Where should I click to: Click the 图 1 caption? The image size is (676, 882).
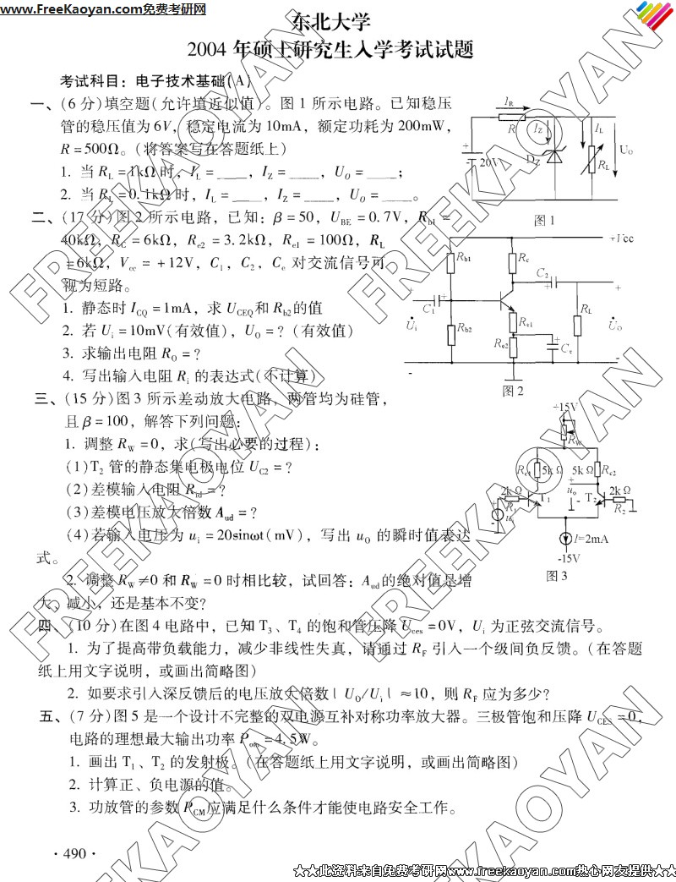(x=544, y=221)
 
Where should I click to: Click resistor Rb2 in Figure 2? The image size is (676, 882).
(x=450, y=331)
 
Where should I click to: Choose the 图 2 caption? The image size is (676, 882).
(x=513, y=391)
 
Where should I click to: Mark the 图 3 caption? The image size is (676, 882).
(x=556, y=576)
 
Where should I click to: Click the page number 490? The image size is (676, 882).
(x=74, y=853)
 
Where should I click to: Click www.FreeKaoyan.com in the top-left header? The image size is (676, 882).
(x=59, y=9)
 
